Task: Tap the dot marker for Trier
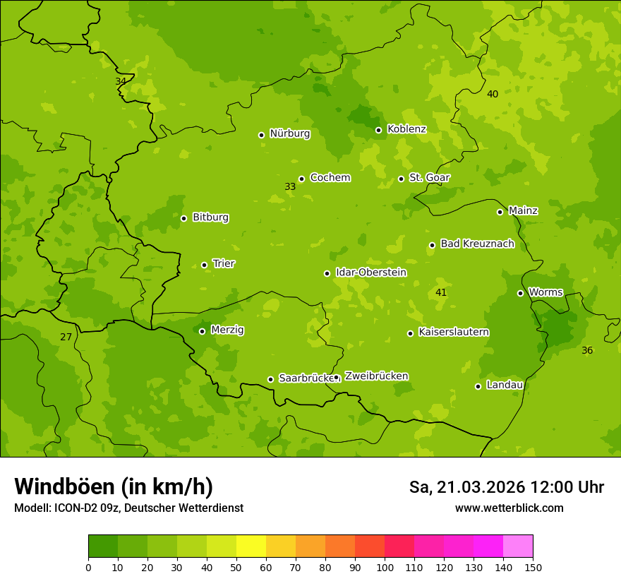click(205, 265)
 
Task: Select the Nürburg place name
click(289, 133)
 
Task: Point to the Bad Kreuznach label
click(477, 244)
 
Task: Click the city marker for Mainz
click(500, 212)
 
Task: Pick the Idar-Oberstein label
click(370, 273)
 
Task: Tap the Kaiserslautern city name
click(454, 332)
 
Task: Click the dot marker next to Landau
click(478, 386)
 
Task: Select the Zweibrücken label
click(376, 376)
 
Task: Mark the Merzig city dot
click(202, 331)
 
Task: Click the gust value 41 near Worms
click(441, 292)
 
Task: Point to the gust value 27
click(66, 337)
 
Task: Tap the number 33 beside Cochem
click(290, 187)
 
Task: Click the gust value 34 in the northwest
click(121, 81)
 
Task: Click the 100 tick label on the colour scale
click(385, 568)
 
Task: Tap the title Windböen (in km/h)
click(114, 486)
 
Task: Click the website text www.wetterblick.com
click(509, 508)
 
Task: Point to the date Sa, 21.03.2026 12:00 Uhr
click(506, 487)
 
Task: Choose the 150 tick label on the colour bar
click(533, 568)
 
